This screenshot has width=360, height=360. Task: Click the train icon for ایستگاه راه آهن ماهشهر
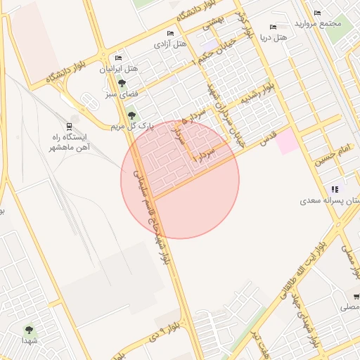coord(70,127)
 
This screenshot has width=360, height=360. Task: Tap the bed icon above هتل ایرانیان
coord(118,58)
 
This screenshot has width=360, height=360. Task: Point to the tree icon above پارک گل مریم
coord(131,115)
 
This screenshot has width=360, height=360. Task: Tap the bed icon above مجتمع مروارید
coord(317,13)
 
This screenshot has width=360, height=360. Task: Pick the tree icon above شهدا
coord(29,329)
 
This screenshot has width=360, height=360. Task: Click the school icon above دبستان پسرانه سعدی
coord(335,189)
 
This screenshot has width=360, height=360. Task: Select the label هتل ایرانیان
coord(119,70)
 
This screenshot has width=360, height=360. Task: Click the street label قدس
coord(268,137)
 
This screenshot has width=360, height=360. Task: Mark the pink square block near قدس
coord(286,141)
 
